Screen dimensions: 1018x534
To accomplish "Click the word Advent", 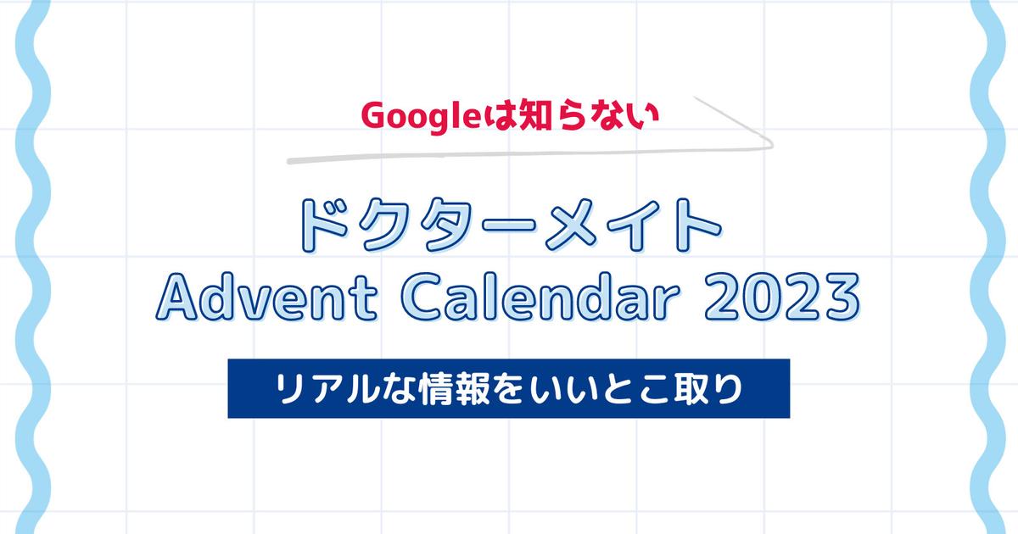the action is pyautogui.click(x=266, y=298).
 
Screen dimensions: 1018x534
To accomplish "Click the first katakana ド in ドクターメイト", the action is pyautogui.click(x=323, y=225).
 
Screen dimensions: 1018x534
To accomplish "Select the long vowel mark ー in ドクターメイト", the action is pyautogui.click(x=509, y=225).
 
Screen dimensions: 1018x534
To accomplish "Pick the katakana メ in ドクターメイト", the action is pyautogui.click(x=570, y=225).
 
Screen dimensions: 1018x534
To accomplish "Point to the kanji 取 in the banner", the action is pyautogui.click(x=691, y=389).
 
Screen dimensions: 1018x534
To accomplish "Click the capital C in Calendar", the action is pyautogui.click(x=422, y=298).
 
